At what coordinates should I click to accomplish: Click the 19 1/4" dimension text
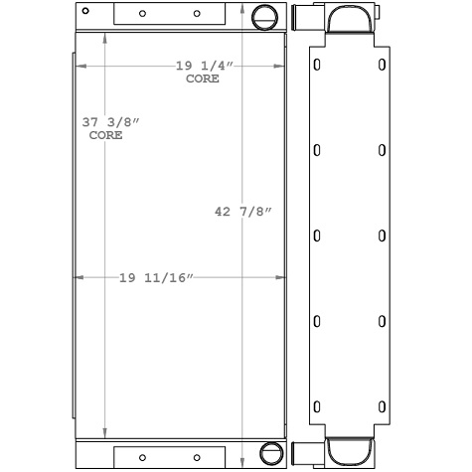coord(204,66)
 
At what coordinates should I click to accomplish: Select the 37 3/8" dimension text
coord(111,122)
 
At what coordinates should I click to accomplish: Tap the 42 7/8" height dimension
coord(243,211)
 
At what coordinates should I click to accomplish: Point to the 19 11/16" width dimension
coord(155,277)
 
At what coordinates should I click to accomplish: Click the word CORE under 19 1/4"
coord(203,78)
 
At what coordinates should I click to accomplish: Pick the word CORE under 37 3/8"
coord(105,135)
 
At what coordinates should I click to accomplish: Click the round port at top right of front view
coord(263,17)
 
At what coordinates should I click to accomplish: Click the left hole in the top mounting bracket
coord(143,14)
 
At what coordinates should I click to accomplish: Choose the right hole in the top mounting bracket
coord(196,14)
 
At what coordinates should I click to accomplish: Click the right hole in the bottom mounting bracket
coord(196,457)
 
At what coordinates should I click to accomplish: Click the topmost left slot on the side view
coord(317,65)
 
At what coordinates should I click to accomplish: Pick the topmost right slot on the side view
coord(383,65)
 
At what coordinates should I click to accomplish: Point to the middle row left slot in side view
coord(317,236)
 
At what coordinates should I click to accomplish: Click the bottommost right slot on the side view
coord(383,406)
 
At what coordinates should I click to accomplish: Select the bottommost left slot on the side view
coord(317,406)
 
